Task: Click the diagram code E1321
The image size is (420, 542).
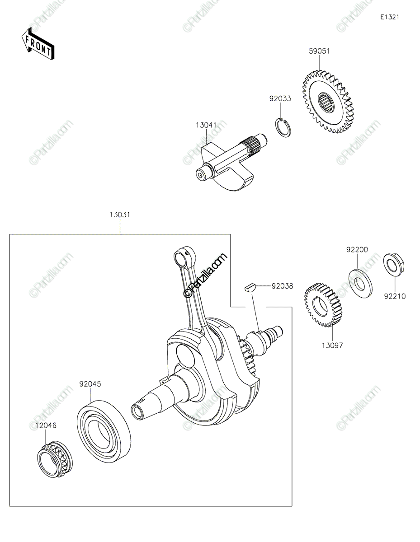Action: (x=389, y=17)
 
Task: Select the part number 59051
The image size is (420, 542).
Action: (x=319, y=51)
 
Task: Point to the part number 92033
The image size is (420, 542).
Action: (x=280, y=98)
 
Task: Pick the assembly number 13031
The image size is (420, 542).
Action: (x=120, y=215)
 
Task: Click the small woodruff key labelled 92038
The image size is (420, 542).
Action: (x=250, y=286)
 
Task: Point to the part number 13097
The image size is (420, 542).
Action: (x=332, y=346)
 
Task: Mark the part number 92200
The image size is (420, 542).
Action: (x=357, y=250)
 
